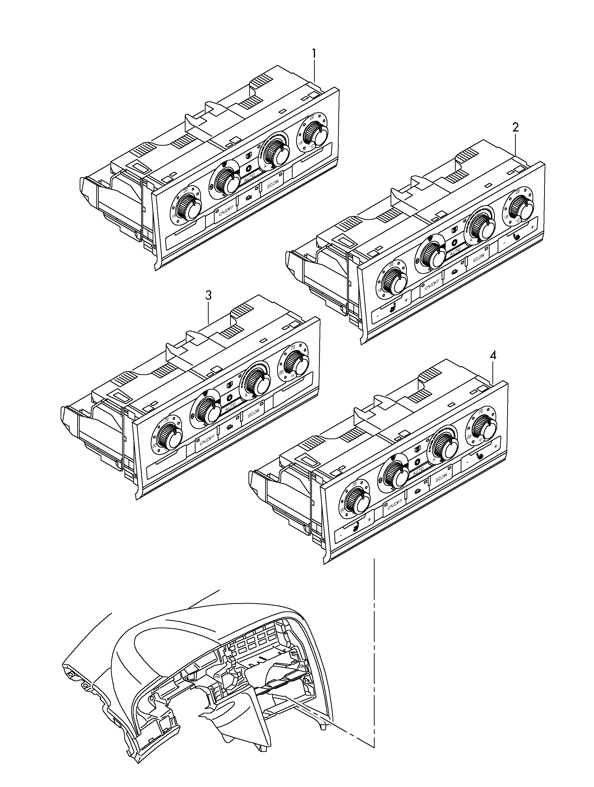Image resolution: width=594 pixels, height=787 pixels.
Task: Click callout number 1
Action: pos(314,54)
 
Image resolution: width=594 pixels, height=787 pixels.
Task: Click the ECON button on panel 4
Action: pos(441,479)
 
